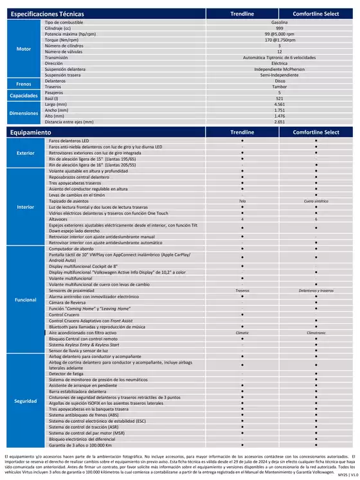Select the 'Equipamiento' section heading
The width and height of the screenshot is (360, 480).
pos(31,132)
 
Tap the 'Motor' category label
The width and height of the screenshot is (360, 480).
pos(23,49)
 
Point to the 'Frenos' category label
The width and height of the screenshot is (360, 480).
pos(23,84)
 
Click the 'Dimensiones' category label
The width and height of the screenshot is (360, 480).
pos(23,112)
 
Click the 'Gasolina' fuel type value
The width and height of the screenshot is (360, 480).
pos(279,22)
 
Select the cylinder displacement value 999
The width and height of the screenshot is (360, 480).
pos(279,28)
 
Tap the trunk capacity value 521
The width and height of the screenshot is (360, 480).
pos(279,98)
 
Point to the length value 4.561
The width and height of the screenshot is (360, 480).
pos(279,104)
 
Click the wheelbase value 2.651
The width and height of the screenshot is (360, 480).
pos(279,121)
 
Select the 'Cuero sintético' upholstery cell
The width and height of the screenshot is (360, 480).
pos(316,201)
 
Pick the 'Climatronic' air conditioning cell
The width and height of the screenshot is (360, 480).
pos(316,333)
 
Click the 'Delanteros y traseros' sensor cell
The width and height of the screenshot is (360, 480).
pos(316,290)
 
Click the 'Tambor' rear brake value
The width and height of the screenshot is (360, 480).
pos(279,86)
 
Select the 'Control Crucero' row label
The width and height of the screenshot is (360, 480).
pos(64,314)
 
